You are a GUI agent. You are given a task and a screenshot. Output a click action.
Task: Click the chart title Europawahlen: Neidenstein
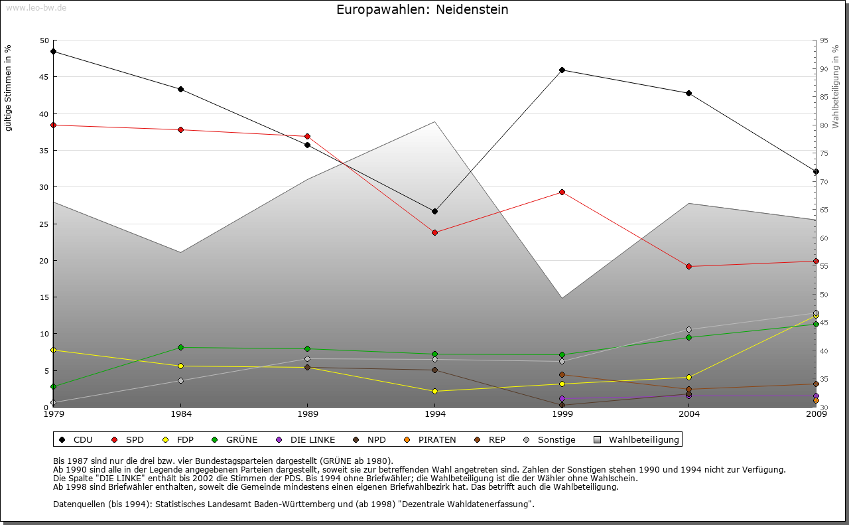pyautogui.click(x=423, y=10)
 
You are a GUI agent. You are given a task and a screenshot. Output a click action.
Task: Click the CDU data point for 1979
pyautogui.click(x=53, y=51)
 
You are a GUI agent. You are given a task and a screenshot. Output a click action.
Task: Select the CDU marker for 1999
pyautogui.click(x=562, y=70)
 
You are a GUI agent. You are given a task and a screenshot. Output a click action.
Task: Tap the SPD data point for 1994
pyautogui.click(x=434, y=232)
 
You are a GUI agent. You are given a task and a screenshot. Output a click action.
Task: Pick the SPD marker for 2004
pyautogui.click(x=689, y=266)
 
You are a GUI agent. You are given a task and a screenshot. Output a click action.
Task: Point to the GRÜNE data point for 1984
pyautogui.click(x=180, y=347)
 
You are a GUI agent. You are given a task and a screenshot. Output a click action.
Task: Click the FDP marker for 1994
pyautogui.click(x=434, y=391)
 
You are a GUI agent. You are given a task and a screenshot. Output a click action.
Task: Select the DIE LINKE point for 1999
pyautogui.click(x=562, y=398)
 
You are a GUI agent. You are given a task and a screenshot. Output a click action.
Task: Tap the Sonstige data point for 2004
pyautogui.click(x=689, y=329)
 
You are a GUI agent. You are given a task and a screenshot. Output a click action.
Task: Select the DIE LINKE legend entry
pyautogui.click(x=306, y=439)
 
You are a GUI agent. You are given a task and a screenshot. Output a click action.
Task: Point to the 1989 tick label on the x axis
pyautogui.click(x=308, y=415)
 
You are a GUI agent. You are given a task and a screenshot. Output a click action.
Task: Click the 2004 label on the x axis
pyautogui.click(x=689, y=415)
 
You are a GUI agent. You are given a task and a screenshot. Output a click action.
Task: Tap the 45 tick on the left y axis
pyautogui.click(x=44, y=77)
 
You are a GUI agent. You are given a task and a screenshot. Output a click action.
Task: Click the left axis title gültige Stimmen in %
pyautogui.click(x=9, y=88)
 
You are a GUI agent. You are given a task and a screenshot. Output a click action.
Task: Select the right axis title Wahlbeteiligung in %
pyautogui.click(x=836, y=86)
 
